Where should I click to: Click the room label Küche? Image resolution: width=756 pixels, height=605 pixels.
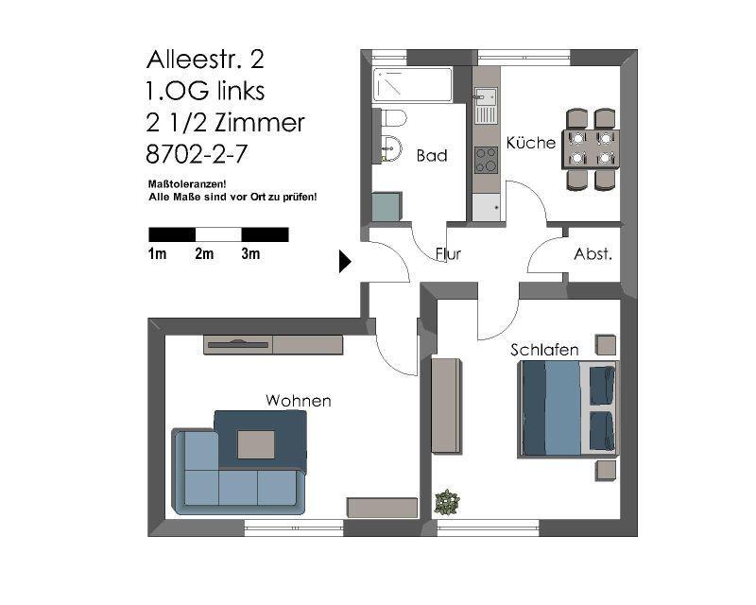[x=530, y=144]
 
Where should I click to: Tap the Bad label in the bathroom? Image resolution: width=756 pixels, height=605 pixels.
[x=431, y=156]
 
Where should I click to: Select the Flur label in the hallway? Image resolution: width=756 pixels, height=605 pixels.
[x=448, y=254]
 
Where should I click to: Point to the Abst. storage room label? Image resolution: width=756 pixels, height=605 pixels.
[x=593, y=254]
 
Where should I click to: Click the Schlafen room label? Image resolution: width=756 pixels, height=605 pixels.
[x=544, y=350]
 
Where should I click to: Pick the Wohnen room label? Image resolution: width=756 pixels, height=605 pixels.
[x=298, y=401]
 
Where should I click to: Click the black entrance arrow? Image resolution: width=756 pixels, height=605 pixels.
[x=345, y=262]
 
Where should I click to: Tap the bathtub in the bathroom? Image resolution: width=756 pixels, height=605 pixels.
[x=412, y=85]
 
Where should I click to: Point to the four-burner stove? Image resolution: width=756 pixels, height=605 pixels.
[x=486, y=160]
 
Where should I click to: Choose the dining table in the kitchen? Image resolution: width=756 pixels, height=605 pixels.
[x=591, y=148]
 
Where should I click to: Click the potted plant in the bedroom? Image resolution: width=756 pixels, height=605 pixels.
[x=446, y=502]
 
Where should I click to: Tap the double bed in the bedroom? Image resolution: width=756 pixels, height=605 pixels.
[x=567, y=407]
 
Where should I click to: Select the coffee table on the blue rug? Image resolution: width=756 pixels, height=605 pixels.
[x=256, y=444]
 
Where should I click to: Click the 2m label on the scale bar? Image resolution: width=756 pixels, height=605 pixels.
[x=204, y=254]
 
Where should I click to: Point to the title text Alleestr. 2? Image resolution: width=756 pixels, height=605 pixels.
[x=205, y=60]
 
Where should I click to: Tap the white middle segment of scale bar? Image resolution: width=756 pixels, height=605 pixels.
[x=218, y=234]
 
